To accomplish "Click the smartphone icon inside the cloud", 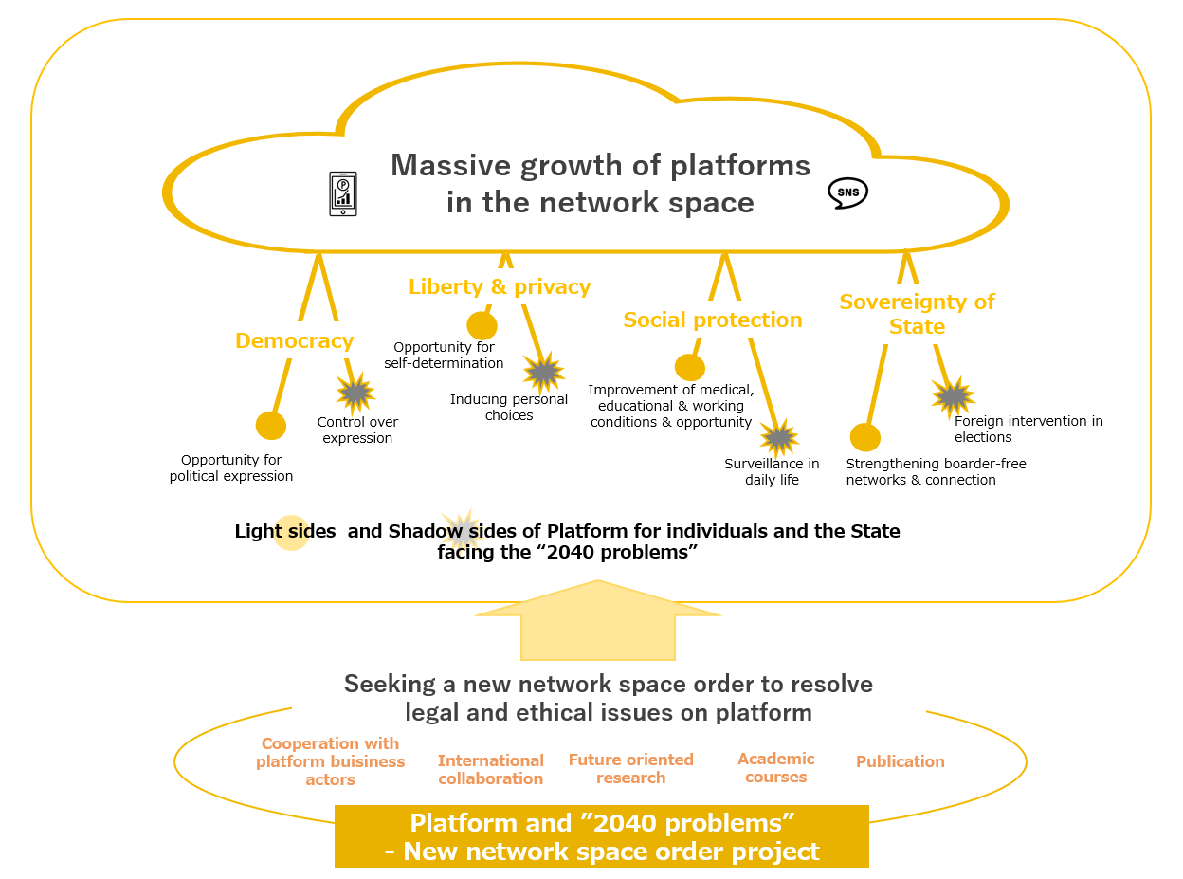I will click(343, 193).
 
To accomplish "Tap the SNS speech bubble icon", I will click(847, 192).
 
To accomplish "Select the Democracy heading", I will click(294, 341).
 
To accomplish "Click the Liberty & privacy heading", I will click(500, 286).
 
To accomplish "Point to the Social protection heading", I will click(713, 320).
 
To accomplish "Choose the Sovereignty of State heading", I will click(917, 314).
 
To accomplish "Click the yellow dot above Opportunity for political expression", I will click(271, 426).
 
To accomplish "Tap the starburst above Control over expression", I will click(355, 392).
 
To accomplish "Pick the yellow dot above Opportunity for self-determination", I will click(482, 326).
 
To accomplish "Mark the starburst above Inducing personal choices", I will click(544, 373).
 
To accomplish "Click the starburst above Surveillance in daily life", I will click(779, 437).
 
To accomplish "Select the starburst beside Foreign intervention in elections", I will click(953, 396).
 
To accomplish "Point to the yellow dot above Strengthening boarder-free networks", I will click(864, 437).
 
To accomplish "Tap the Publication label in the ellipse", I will click(900, 761).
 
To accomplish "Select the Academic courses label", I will click(775, 768).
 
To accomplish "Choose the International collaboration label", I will click(490, 770).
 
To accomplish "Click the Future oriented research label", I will click(630, 769).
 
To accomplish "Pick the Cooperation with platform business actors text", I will click(330, 761).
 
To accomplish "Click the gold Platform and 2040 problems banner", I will click(601, 835).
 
